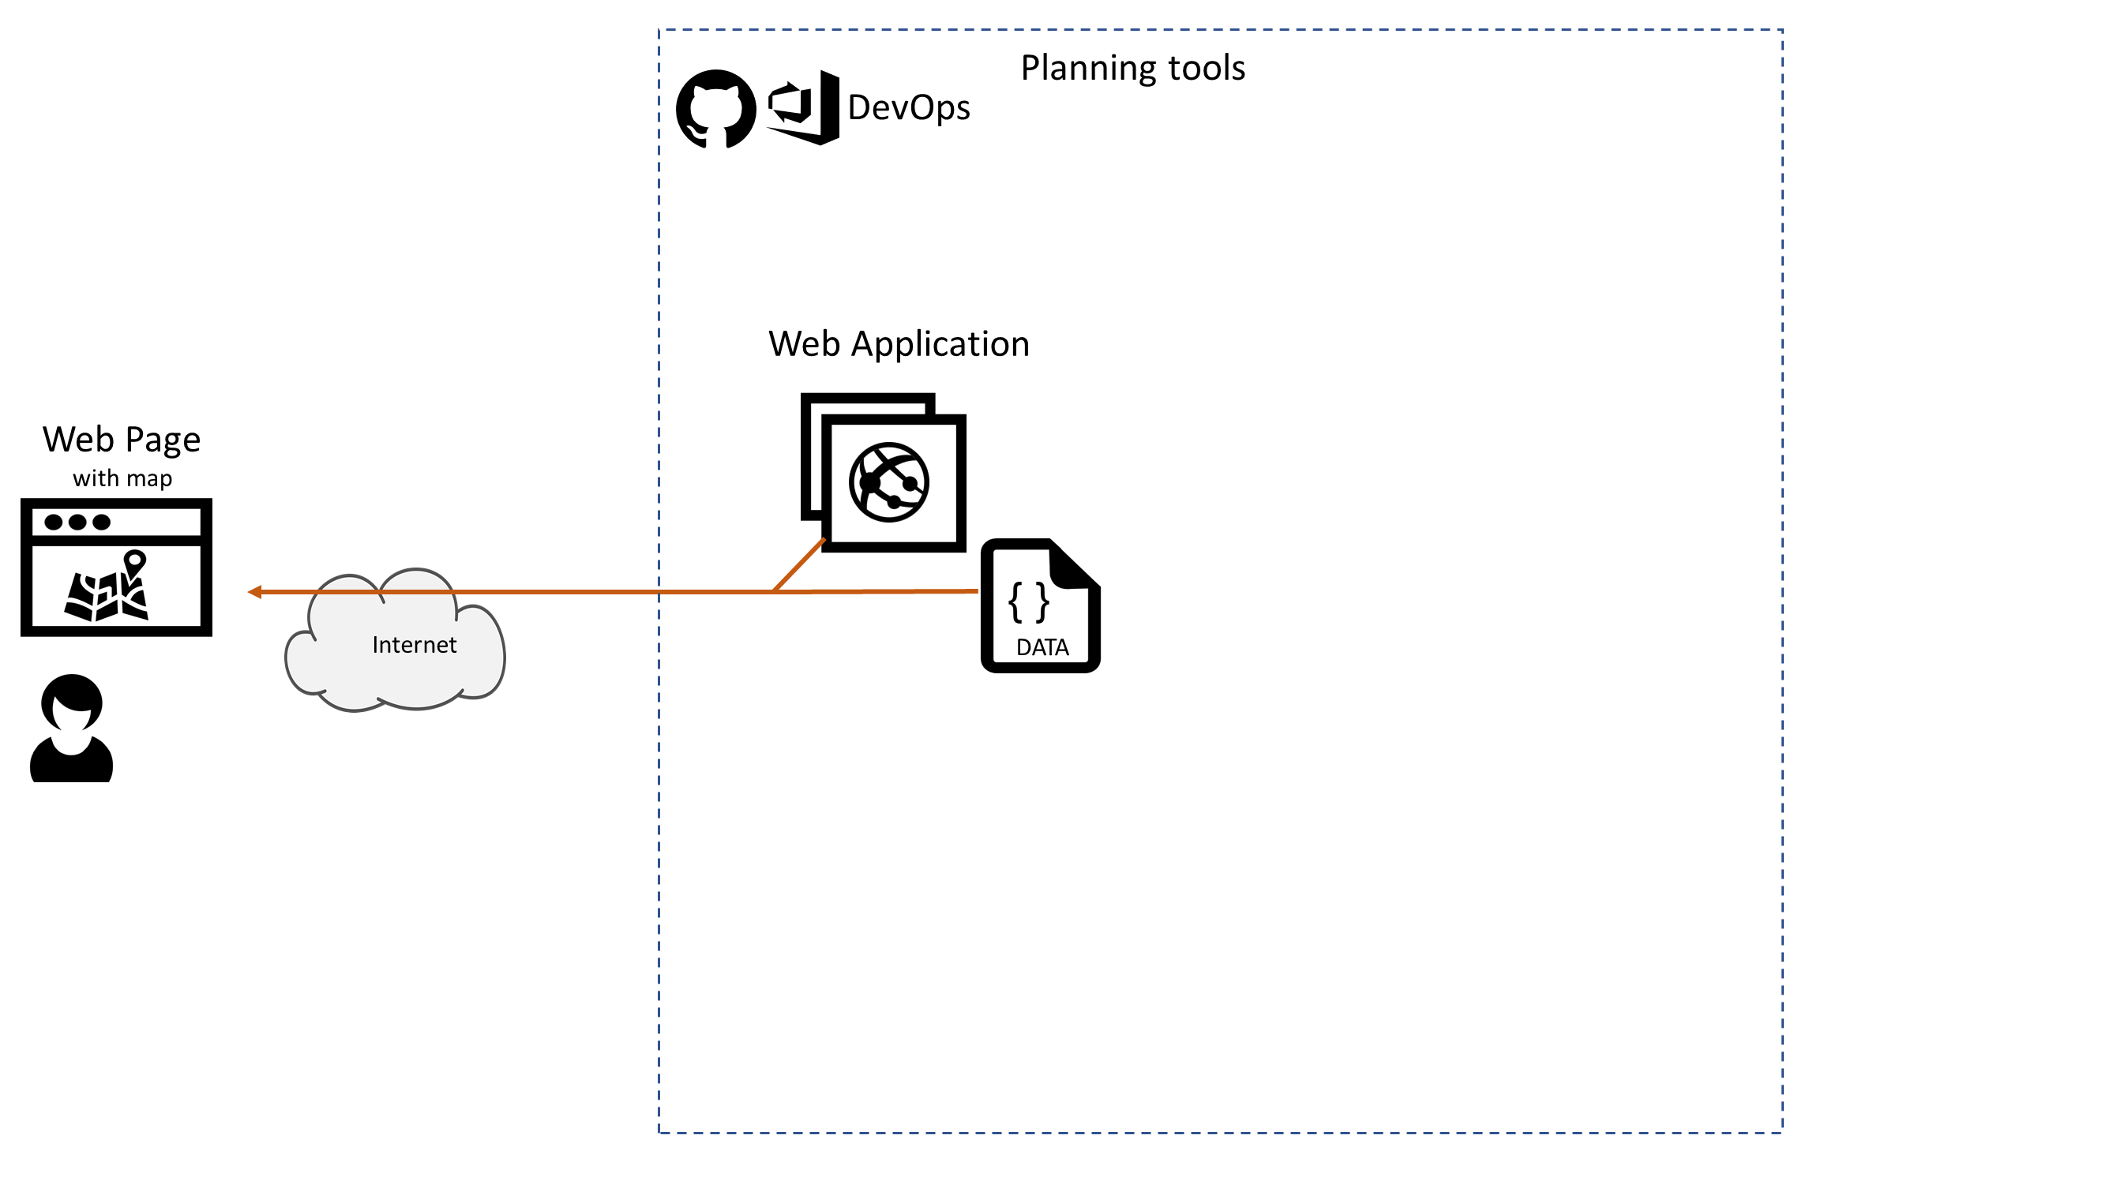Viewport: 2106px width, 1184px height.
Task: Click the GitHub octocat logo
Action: pyautogui.click(x=715, y=109)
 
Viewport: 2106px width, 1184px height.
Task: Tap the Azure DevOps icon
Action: pyautogui.click(x=804, y=108)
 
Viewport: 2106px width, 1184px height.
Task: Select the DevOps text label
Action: pyautogui.click(x=908, y=108)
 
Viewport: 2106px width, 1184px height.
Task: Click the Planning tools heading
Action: pyautogui.click(x=1132, y=68)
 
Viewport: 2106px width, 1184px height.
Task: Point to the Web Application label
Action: pyautogui.click(x=899, y=344)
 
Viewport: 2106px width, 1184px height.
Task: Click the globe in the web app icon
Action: pyautogui.click(x=888, y=483)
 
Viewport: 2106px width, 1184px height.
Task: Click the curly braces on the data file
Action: pyautogui.click(x=1028, y=602)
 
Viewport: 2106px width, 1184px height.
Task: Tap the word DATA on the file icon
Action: pyautogui.click(x=1042, y=647)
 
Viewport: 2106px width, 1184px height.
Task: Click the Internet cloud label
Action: pyautogui.click(x=414, y=645)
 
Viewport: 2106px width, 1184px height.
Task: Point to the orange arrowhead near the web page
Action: pyautogui.click(x=254, y=591)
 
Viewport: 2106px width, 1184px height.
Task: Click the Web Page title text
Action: pyautogui.click(x=122, y=440)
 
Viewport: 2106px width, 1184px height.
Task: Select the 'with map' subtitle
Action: pyautogui.click(x=122, y=478)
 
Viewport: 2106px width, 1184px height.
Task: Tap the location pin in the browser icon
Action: pyautogui.click(x=135, y=562)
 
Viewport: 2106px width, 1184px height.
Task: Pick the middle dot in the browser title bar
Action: pyautogui.click(x=77, y=522)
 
